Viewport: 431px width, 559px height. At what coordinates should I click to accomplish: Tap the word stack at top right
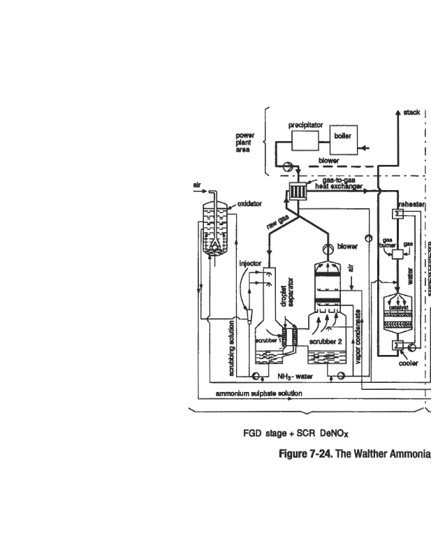click(411, 112)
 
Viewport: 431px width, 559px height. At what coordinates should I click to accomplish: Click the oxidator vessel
click(219, 231)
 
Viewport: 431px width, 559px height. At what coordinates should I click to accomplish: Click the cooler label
click(408, 363)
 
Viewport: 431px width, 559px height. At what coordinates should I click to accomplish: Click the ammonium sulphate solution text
click(258, 394)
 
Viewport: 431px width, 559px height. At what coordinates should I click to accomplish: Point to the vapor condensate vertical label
click(357, 334)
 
